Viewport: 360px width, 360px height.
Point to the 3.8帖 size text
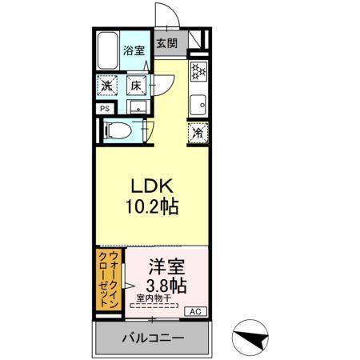tap(167, 285)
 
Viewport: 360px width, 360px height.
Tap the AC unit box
tap(194, 311)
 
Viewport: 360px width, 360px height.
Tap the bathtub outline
tap(107, 52)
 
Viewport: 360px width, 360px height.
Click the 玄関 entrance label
tap(166, 43)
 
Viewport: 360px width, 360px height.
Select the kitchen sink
tap(198, 102)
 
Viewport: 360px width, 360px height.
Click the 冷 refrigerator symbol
tap(197, 134)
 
